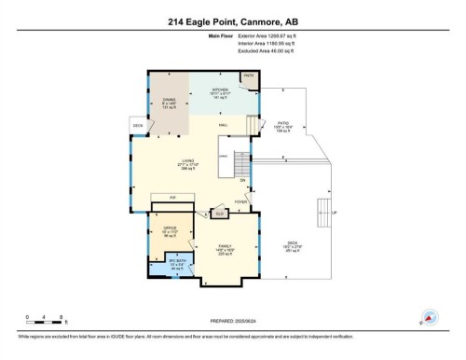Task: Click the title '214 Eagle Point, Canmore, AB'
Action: pos(233,21)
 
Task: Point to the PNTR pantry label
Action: pos(249,76)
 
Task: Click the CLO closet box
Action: pos(220,213)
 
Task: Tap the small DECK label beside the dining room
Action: pos(137,125)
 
